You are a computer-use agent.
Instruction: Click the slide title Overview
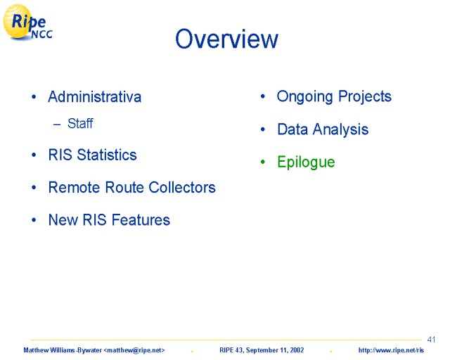pos(226,39)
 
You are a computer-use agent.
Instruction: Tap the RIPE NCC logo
pos(27,22)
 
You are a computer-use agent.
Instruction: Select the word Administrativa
pos(95,96)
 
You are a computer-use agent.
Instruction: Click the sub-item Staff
pos(80,124)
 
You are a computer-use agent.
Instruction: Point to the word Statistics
pos(107,155)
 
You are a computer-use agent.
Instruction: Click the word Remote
pos(75,187)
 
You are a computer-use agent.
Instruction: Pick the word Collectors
pos(182,187)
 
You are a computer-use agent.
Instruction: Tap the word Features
pos(141,220)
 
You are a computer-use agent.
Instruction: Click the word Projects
pos(365,97)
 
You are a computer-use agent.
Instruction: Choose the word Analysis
pos(340,130)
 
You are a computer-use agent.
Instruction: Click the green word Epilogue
pos(306,162)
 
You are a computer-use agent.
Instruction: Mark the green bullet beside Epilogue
pos(262,162)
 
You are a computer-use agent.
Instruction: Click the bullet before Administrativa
pos(34,97)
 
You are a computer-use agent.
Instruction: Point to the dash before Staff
pos(57,124)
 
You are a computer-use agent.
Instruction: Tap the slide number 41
pos(431,340)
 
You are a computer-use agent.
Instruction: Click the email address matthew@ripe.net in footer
pos(134,350)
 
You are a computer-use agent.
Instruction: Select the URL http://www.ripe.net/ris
pos(391,350)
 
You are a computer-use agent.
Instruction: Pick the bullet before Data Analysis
pos(262,129)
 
